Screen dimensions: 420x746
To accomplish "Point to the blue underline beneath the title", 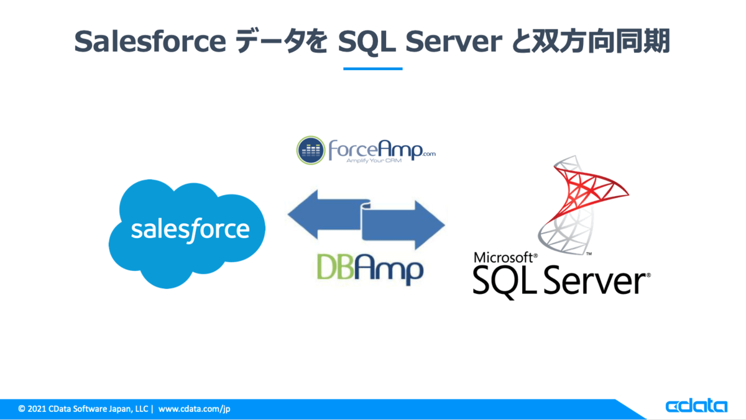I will [x=373, y=68].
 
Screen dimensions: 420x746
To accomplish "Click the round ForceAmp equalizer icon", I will [x=311, y=149].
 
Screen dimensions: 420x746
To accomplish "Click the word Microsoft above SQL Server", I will [x=504, y=257].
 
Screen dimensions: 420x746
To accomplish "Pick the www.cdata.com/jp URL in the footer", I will [x=195, y=409].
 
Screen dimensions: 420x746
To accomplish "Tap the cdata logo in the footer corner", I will [x=696, y=406].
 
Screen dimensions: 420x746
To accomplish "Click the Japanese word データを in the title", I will [x=287, y=42].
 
